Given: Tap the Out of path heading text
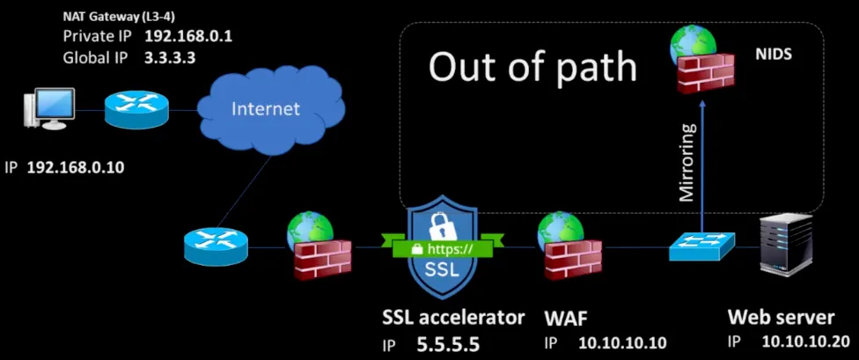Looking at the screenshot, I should click(532, 67).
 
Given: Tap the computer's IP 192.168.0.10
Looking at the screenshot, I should click(75, 167).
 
